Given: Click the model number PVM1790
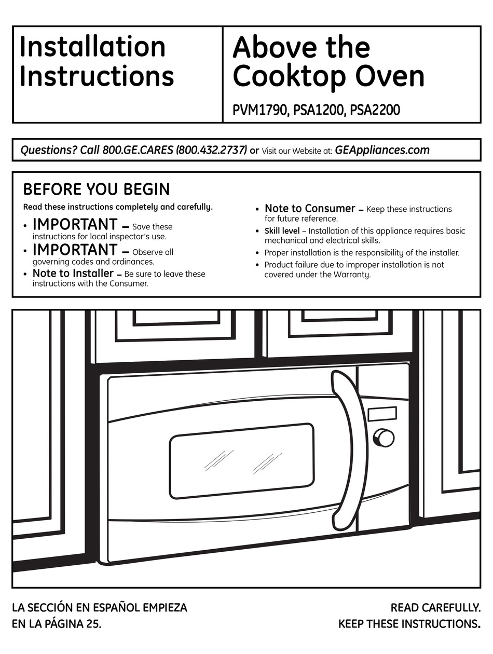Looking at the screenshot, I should click(259, 111).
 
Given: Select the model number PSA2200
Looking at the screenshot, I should click(375, 111).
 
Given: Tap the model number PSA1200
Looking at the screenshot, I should click(318, 111).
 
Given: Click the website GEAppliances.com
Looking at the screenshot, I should click(382, 151).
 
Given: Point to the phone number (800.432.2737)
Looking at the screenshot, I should click(211, 151).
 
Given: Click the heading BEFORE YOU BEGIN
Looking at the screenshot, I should click(97, 189).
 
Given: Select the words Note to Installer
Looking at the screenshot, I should click(73, 273).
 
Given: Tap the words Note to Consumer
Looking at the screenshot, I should click(310, 209).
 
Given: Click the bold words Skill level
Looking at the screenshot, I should click(282, 231).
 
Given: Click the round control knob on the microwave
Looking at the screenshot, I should click(384, 438).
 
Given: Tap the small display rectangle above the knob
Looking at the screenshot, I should click(382, 414).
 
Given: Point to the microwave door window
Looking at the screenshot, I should click(242, 459).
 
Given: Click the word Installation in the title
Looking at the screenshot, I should click(92, 47).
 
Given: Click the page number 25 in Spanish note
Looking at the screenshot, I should click(92, 623).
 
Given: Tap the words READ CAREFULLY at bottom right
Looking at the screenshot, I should click(435, 607).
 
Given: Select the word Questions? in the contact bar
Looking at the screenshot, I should click(48, 151).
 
